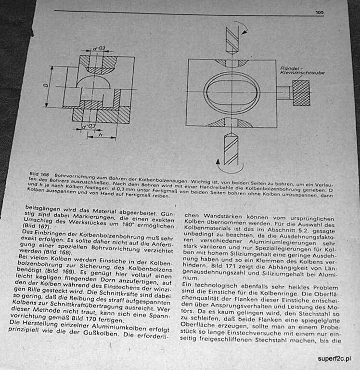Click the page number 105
coord(319,13)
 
